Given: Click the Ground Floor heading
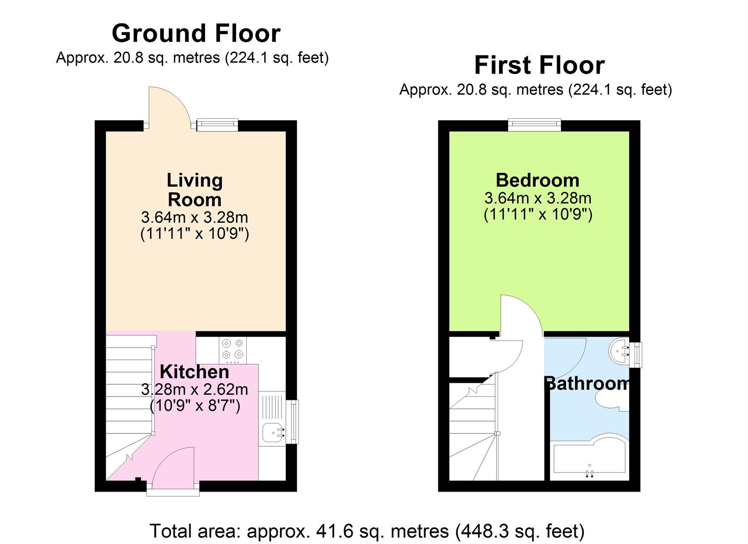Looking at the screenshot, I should coord(195,34).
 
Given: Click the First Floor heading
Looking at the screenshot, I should coord(539,65).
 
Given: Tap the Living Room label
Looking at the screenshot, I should coord(194,190).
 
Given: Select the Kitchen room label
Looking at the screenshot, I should coord(194,372).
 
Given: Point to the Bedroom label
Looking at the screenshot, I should coord(537,180).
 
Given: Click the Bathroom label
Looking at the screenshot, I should coord(587,384).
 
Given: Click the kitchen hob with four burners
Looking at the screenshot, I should coord(232,350).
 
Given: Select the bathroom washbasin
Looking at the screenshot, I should coord(619,349).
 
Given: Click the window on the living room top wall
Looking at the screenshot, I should coord(217,124).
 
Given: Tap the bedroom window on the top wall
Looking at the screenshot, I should coord(534,124).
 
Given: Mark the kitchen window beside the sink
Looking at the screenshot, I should coord(292,422).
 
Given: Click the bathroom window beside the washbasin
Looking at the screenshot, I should coord(637,355).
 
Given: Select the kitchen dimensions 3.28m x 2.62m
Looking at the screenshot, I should coord(194,390).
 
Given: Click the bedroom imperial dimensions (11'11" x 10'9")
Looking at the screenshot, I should coord(537,215).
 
